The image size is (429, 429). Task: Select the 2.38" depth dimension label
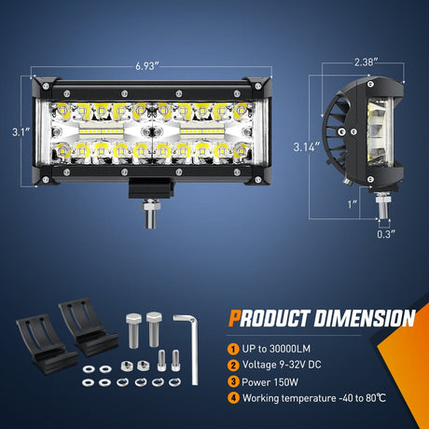tap(365, 63)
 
